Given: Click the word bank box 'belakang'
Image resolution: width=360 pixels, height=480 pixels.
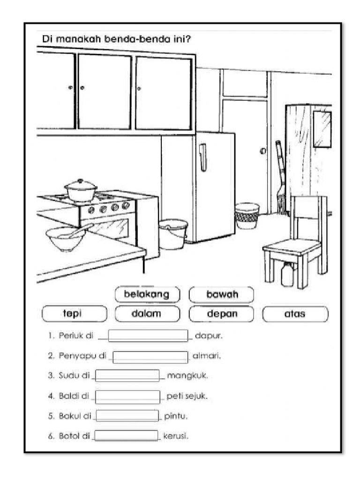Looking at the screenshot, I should pyautogui.click(x=147, y=294).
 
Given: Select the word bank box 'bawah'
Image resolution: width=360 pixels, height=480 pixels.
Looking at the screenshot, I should pyautogui.click(x=221, y=294).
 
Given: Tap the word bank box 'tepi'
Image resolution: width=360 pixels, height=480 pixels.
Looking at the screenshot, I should pyautogui.click(x=74, y=314).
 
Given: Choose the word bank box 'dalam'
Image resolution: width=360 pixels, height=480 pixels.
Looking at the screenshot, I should pyautogui.click(x=147, y=314).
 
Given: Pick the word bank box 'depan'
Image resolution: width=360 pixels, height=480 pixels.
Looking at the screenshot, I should pyautogui.click(x=221, y=314).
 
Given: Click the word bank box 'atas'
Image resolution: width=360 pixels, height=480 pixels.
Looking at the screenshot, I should pyautogui.click(x=295, y=314).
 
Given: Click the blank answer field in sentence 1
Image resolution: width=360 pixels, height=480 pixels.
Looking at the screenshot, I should pyautogui.click(x=149, y=336).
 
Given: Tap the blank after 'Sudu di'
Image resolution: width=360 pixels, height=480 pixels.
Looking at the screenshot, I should pyautogui.click(x=127, y=376).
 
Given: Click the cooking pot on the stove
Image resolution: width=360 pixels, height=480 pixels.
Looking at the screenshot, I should pyautogui.click(x=81, y=191).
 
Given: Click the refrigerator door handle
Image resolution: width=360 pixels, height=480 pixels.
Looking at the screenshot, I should pyautogui.click(x=202, y=157).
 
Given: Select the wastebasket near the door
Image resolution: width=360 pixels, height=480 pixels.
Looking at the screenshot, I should pyautogui.click(x=247, y=216).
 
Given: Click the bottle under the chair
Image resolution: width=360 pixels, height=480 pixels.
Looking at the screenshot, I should pyautogui.click(x=287, y=274).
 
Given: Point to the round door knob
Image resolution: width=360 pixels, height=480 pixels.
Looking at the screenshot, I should pyautogui.click(x=262, y=151).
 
